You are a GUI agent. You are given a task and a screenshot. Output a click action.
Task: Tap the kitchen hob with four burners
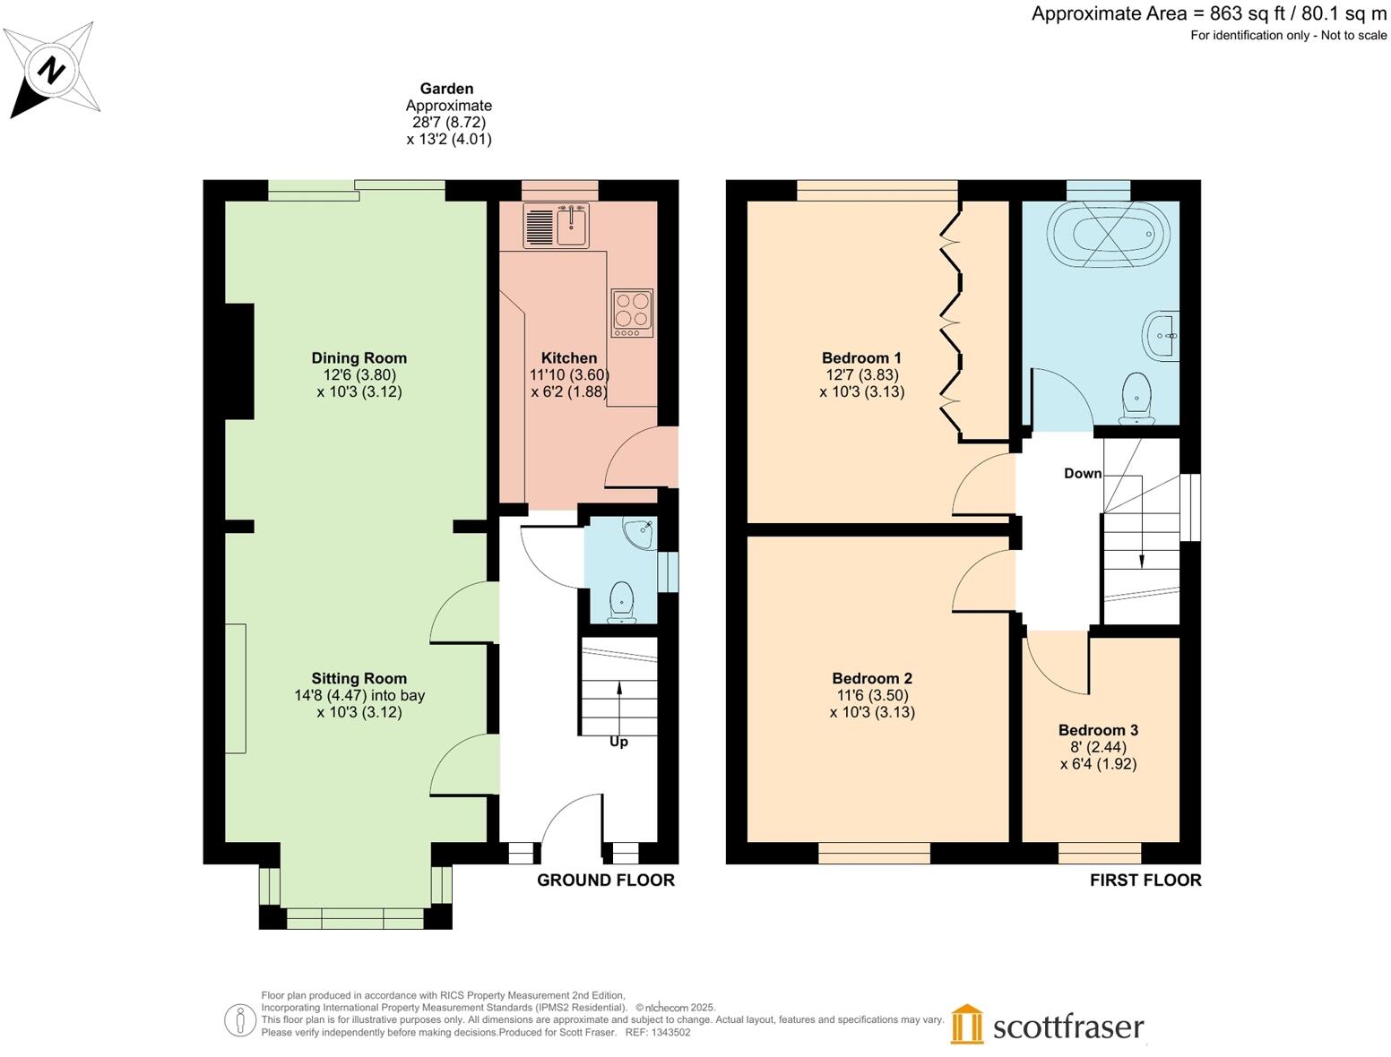point(632,312)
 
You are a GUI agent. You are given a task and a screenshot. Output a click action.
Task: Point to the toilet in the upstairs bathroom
point(1136,398)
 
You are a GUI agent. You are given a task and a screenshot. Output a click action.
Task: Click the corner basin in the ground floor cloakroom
point(642,533)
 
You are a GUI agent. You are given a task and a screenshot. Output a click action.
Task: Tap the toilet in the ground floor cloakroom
point(621,601)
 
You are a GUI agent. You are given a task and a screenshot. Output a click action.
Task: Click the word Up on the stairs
point(618,742)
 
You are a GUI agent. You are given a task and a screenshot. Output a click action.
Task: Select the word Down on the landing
point(1083,473)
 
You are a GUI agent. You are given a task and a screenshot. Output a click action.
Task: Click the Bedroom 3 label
point(1098,730)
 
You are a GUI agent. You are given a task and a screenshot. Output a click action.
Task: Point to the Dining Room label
point(359,358)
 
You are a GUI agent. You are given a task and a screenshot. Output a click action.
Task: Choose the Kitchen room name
point(569,358)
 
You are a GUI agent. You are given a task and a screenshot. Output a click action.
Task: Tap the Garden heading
point(446,89)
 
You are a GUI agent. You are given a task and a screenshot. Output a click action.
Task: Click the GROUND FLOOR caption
point(606,881)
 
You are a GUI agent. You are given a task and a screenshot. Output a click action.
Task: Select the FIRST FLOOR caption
point(1145,881)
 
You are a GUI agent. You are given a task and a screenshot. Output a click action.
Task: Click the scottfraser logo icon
point(967,1024)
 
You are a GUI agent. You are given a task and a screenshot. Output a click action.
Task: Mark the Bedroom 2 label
point(872,678)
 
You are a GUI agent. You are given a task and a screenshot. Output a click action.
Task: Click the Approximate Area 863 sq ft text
point(1208,13)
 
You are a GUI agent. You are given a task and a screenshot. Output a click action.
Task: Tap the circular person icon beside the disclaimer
point(239,1020)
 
